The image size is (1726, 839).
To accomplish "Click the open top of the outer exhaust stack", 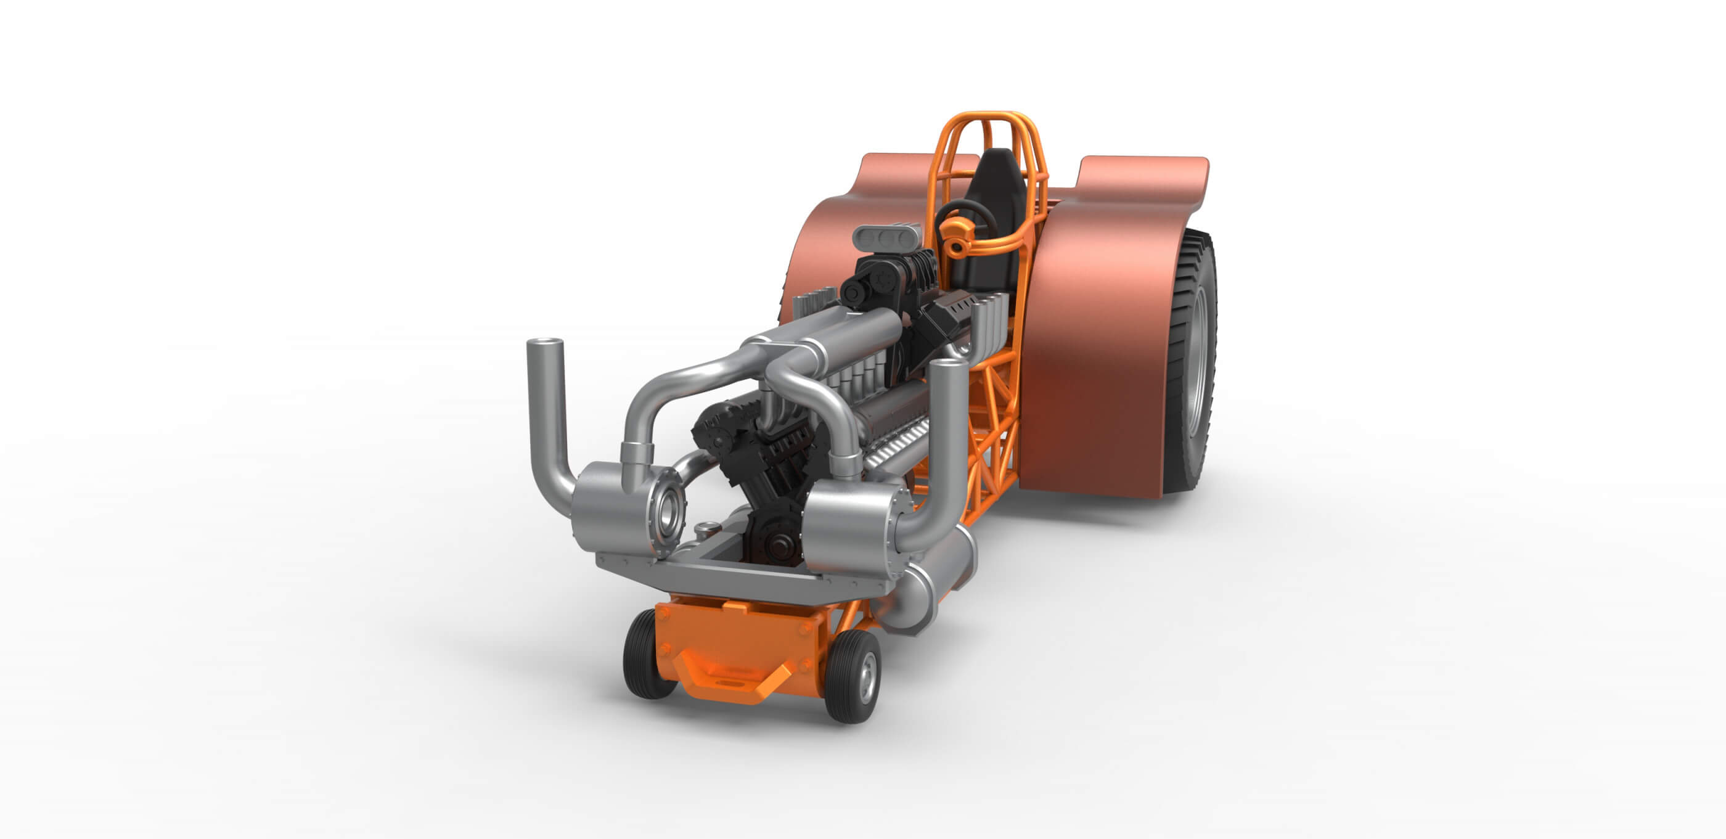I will coord(544,343).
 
